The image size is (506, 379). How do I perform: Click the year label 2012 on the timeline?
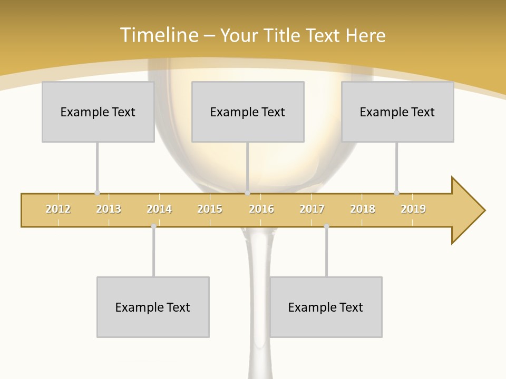pyautogui.click(x=58, y=209)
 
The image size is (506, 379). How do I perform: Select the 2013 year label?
pyautogui.click(x=109, y=209)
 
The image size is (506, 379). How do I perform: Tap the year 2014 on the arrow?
pyautogui.click(x=159, y=209)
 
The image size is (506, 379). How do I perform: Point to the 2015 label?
pyautogui.click(x=210, y=209)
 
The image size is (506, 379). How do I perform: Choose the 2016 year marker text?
pyautogui.click(x=261, y=209)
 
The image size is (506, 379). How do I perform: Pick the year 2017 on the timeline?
pyautogui.click(x=312, y=209)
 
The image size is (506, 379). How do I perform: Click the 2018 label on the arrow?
pyautogui.click(x=363, y=209)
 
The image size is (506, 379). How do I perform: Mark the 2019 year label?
pyautogui.click(x=413, y=209)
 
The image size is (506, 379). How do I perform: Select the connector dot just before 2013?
pyautogui.click(x=97, y=193)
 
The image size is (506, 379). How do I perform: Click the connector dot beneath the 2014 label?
pyautogui.click(x=153, y=226)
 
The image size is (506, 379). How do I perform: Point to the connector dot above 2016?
pyautogui.click(x=248, y=193)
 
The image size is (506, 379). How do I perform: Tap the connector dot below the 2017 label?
pyautogui.click(x=326, y=226)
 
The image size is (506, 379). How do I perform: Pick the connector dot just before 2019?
pyautogui.click(x=397, y=193)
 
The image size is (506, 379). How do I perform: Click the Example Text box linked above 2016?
pyautogui.click(x=248, y=112)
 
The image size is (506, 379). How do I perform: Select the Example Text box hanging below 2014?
pyautogui.click(x=153, y=307)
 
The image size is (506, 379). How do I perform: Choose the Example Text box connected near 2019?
pyautogui.click(x=397, y=112)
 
